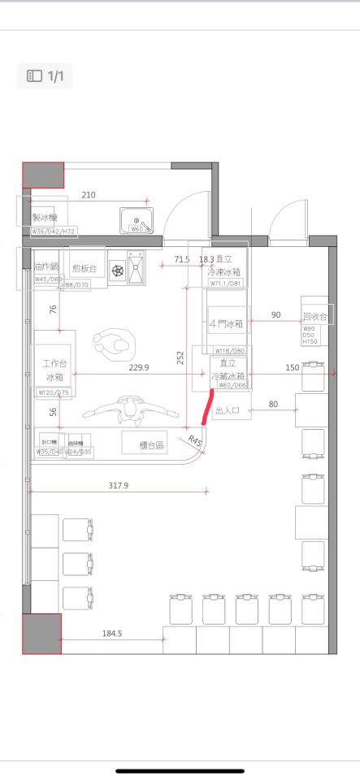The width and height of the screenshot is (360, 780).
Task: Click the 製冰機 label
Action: point(44,218)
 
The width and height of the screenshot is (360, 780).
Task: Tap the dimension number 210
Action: point(89,195)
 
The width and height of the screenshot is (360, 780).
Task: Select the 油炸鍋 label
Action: point(46,266)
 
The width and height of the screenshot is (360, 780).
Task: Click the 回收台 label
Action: point(314,316)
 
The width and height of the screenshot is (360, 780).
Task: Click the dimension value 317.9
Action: point(119,485)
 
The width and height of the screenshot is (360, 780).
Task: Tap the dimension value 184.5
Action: point(111,634)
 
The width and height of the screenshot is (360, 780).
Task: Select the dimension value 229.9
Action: point(139,367)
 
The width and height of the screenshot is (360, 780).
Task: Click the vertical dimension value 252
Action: point(180,357)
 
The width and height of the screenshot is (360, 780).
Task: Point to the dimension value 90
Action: point(275,314)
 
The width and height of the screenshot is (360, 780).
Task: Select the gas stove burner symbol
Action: point(118,269)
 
